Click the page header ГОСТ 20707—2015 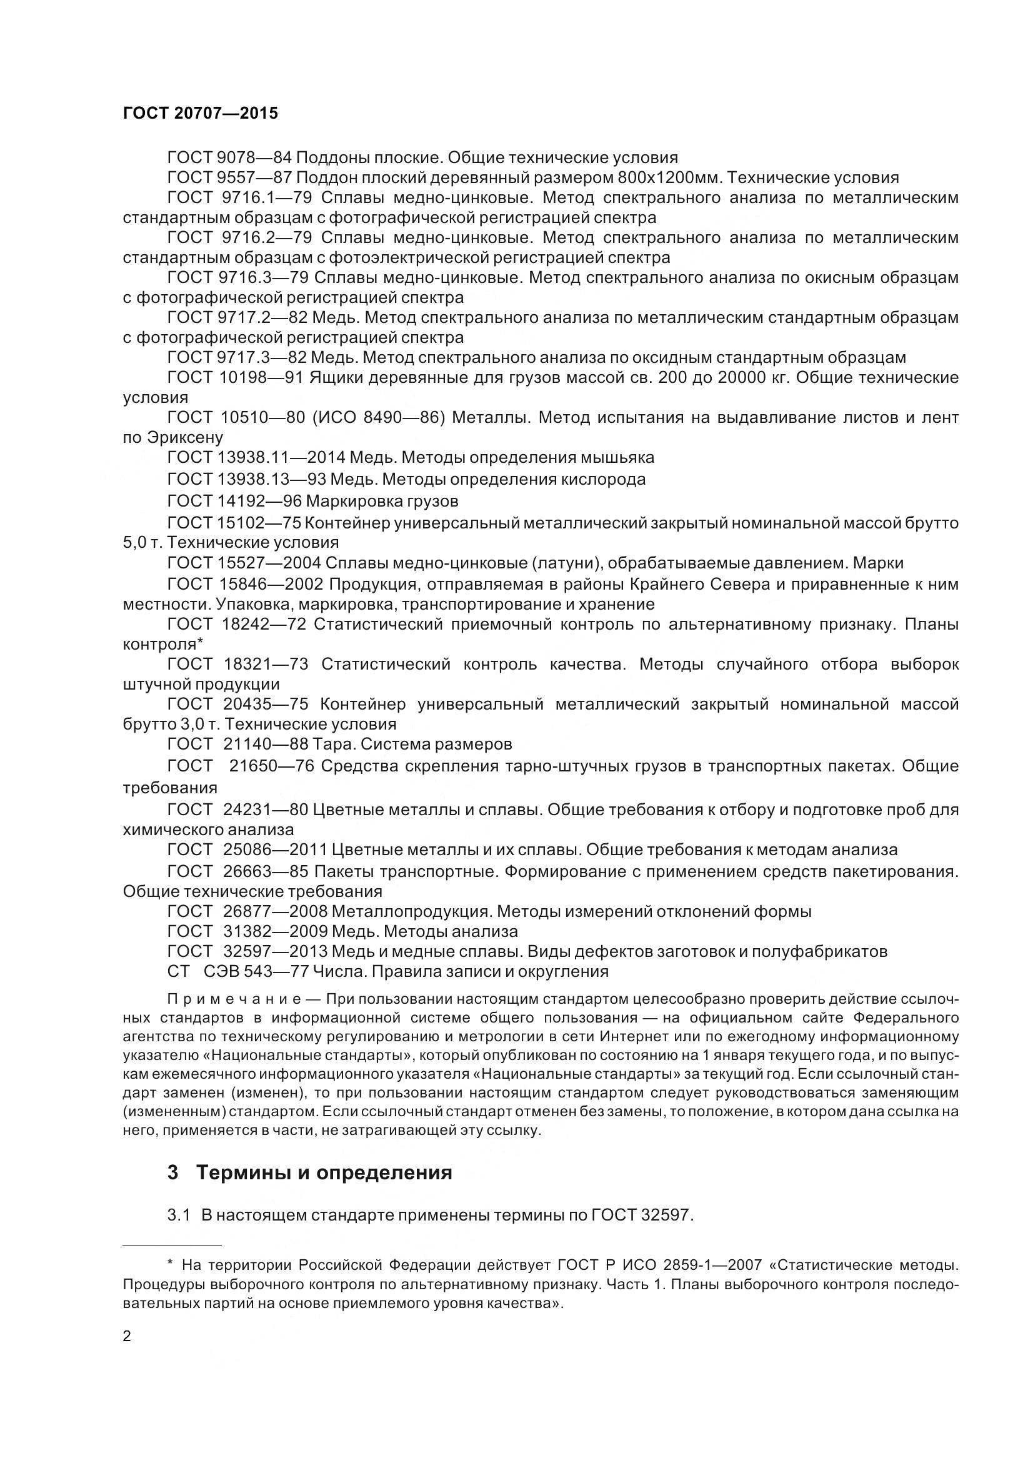[201, 113]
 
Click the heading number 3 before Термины [172, 1172]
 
